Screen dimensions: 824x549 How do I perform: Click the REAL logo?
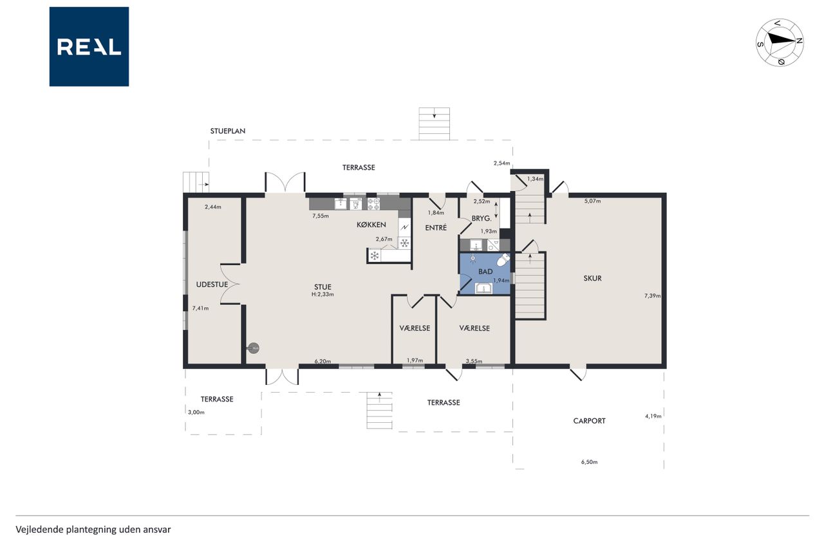(89, 47)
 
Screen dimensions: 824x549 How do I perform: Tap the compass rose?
(780, 42)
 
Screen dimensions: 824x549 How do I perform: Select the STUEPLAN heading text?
(228, 131)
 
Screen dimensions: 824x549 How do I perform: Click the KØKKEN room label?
(371, 225)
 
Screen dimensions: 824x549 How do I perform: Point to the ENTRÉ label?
(436, 228)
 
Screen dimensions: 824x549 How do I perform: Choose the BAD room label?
(485, 272)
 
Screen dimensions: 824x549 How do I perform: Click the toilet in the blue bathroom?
(503, 259)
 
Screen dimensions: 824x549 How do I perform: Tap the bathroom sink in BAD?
(484, 288)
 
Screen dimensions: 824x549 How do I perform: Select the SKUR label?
(593, 278)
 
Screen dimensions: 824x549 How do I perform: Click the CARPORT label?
(589, 421)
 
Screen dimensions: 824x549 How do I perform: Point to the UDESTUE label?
(212, 284)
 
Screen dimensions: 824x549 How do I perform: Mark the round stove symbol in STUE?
(254, 348)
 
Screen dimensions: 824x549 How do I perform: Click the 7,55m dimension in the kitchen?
(321, 216)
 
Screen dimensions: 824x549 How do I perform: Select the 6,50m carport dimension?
(589, 462)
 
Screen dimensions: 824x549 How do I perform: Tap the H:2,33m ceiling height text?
(323, 294)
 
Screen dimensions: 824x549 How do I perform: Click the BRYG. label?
(482, 218)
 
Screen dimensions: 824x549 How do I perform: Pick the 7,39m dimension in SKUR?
(652, 295)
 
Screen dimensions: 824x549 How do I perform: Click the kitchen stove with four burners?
(373, 204)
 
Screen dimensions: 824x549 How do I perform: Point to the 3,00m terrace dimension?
(196, 412)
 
